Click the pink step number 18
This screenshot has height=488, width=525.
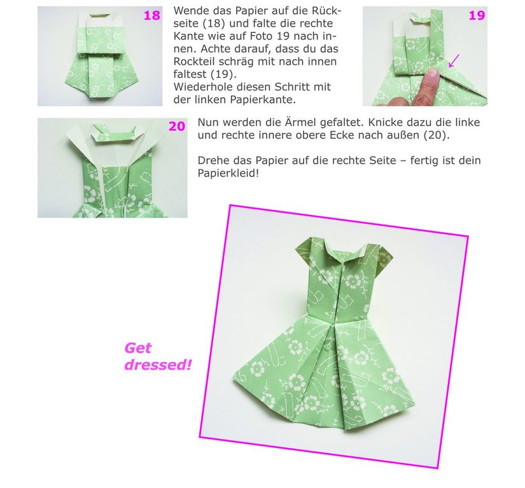152,16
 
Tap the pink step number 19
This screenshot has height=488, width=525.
477,16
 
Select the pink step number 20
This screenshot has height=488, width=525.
177,127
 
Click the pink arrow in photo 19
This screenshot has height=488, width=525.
454,60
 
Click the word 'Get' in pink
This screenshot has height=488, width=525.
138,349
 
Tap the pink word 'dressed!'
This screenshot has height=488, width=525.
158,365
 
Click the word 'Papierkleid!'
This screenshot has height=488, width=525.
228,174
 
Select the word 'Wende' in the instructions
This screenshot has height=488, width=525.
190,11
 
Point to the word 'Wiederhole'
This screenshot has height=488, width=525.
201,87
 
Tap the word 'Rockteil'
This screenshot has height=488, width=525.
194,62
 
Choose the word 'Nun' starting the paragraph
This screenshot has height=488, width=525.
208,123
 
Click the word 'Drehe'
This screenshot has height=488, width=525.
213,161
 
